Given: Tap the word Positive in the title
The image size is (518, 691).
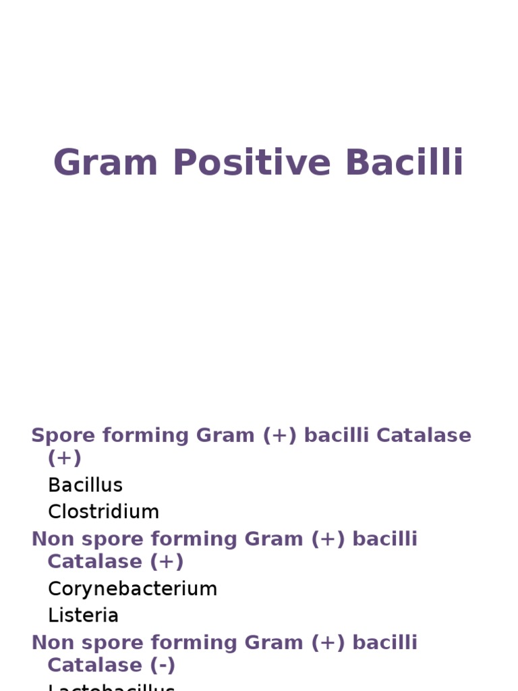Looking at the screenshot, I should click(x=253, y=163).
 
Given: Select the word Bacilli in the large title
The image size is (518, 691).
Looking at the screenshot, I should click(x=405, y=163).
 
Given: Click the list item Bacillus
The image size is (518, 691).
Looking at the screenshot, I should click(x=85, y=485).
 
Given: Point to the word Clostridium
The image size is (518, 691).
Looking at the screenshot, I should click(x=103, y=512).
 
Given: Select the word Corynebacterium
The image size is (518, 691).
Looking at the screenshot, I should click(x=132, y=588).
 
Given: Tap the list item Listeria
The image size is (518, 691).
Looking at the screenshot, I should click(x=83, y=615).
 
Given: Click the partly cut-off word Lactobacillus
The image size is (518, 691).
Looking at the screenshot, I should click(x=111, y=687).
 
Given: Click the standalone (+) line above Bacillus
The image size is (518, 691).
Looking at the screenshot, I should click(x=64, y=458).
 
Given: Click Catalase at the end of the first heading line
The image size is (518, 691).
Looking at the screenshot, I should click(x=424, y=436).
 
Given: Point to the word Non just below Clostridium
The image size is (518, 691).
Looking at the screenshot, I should click(x=51, y=539).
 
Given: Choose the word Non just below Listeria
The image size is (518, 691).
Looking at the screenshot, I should click(x=51, y=642).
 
